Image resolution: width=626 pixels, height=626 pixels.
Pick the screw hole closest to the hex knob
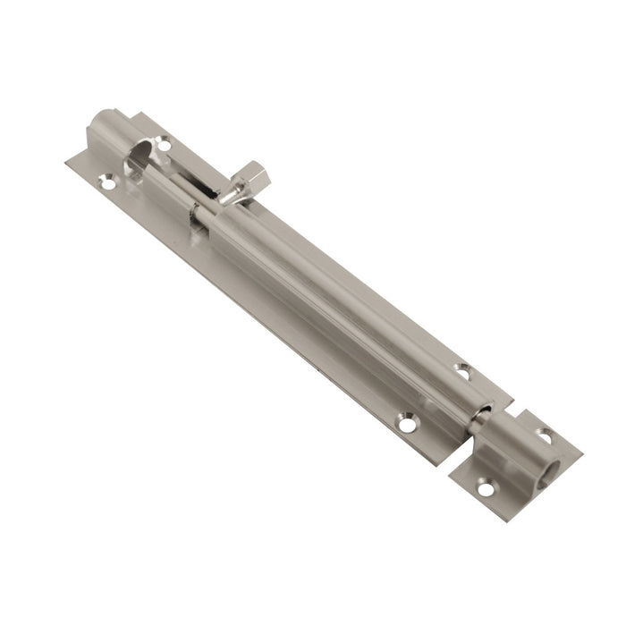pos(165,140)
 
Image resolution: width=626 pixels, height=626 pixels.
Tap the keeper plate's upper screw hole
pos(545,435)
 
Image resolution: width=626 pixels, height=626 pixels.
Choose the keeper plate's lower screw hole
pos(486,488)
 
